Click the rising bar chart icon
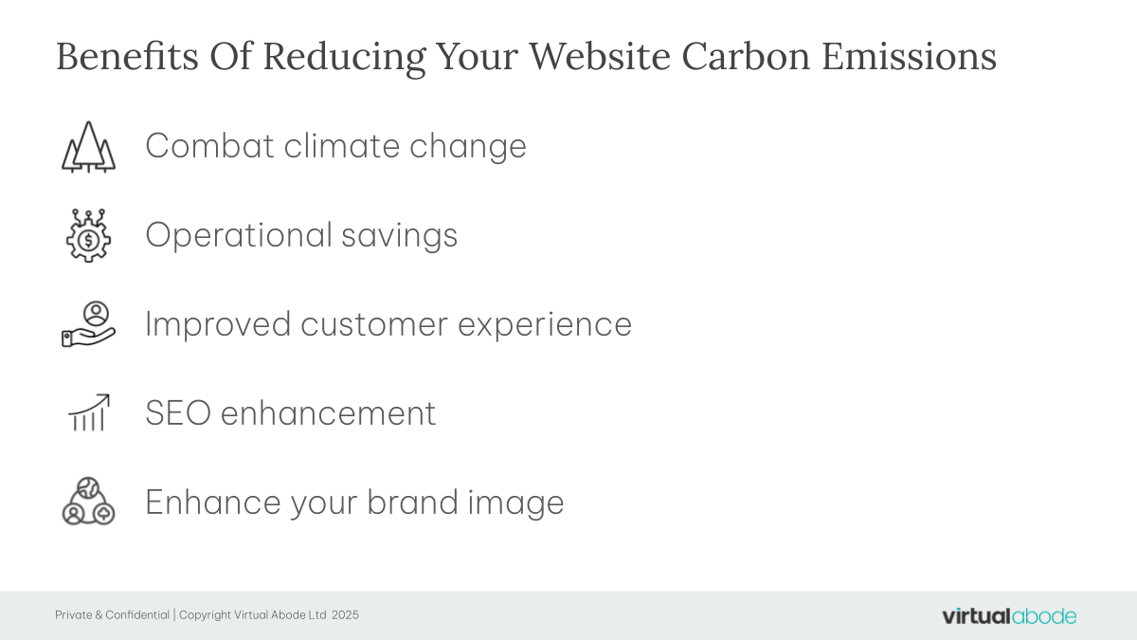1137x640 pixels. click(x=89, y=412)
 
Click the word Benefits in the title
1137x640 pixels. click(x=127, y=56)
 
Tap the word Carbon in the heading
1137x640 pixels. click(x=746, y=56)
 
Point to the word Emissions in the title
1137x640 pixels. click(x=909, y=56)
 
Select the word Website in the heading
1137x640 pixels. click(x=600, y=56)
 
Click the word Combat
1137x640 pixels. click(x=209, y=146)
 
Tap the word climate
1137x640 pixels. click(x=342, y=146)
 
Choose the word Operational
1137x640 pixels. click(x=239, y=235)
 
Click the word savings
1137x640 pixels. click(x=400, y=236)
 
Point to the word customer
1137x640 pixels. click(x=374, y=324)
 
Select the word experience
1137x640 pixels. click(x=545, y=325)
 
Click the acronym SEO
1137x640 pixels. click(x=178, y=413)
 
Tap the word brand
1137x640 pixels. click(x=412, y=502)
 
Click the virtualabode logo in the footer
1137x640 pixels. click(x=1009, y=616)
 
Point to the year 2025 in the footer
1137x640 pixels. click(x=345, y=615)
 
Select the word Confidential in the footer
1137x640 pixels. click(x=137, y=615)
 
